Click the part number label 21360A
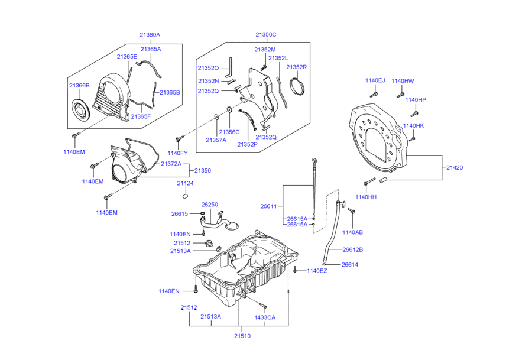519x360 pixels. click(150, 35)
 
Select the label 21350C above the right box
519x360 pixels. click(265, 35)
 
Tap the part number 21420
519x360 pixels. click(455, 168)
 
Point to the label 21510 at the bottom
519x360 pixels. click(242, 336)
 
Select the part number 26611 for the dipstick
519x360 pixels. click(268, 206)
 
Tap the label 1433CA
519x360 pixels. click(265, 317)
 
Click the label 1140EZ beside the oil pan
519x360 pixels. click(316, 271)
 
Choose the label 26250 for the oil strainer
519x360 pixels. click(209, 205)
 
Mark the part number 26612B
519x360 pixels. click(352, 249)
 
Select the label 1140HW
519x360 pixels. click(403, 81)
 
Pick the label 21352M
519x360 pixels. click(265, 50)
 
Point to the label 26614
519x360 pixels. click(350, 265)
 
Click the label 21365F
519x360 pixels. click(141, 116)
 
